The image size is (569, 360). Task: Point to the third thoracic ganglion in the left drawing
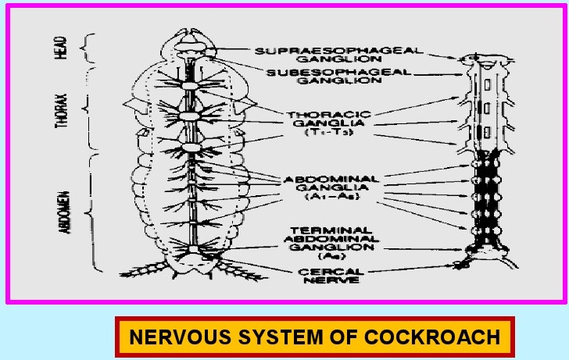pos(191,148)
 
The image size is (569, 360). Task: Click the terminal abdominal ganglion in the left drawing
pos(191,250)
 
